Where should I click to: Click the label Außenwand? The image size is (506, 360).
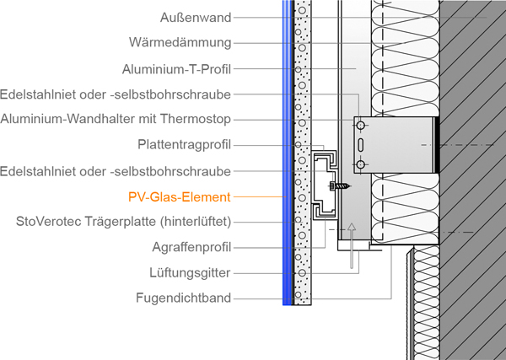(x=195, y=17)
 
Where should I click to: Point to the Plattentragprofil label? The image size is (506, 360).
(x=184, y=145)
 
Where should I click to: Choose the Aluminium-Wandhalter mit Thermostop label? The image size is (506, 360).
(x=116, y=119)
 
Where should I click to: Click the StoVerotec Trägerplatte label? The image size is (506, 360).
(x=123, y=222)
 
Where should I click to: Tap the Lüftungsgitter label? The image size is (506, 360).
(x=190, y=272)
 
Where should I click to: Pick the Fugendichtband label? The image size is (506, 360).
(x=183, y=298)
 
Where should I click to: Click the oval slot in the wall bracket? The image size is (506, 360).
(x=362, y=145)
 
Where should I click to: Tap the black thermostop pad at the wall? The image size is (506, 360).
(x=436, y=144)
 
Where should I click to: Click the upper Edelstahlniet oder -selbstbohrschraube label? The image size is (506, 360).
(x=116, y=94)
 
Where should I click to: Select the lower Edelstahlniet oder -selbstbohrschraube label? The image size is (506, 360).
(x=116, y=171)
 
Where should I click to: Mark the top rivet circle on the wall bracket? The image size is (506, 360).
(x=362, y=126)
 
